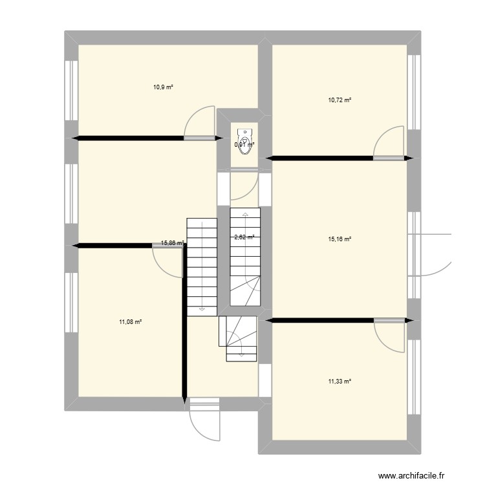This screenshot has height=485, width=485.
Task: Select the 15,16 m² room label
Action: click(x=339, y=239)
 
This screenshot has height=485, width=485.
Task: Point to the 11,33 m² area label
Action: click(x=339, y=382)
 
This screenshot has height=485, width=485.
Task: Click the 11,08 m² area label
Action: click(x=130, y=322)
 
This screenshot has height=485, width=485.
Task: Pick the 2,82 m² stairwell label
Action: click(x=244, y=237)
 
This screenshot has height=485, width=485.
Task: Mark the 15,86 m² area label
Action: click(x=172, y=244)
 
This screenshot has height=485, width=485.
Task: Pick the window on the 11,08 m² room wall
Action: click(x=70, y=304)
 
